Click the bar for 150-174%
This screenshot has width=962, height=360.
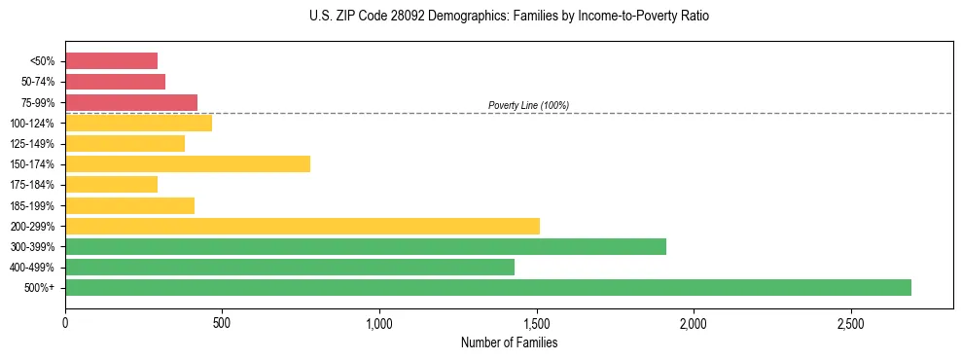[x=188, y=163]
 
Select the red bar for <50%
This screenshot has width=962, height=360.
[x=112, y=61]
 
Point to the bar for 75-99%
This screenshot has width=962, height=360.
[x=131, y=102]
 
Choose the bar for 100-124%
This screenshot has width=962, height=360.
[x=139, y=123]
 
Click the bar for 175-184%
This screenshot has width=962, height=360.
[x=112, y=185]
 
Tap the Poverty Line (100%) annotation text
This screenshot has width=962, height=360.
[x=528, y=105]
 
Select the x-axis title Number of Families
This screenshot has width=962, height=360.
[x=510, y=342]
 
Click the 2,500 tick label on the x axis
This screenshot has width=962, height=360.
[x=850, y=322]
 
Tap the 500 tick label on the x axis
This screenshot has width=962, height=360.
[x=222, y=322]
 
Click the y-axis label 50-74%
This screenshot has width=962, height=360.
[x=38, y=82]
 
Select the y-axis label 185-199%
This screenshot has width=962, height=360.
[x=34, y=205]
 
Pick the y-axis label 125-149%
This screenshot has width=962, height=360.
[x=34, y=144]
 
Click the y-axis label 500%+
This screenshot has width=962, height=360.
[x=41, y=288]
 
